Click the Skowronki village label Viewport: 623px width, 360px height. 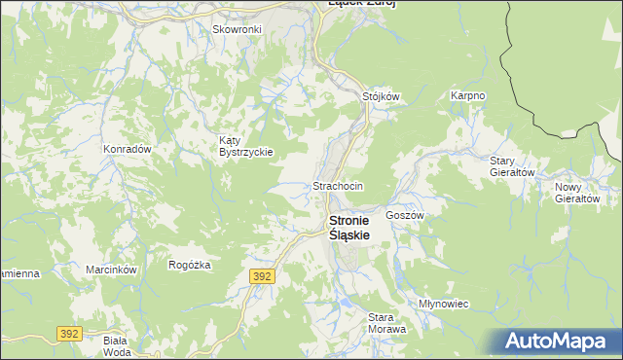coord(238,29)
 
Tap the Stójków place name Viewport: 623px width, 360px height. coord(381,96)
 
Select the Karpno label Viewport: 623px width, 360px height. coord(468,96)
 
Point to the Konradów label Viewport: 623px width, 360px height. coord(127,149)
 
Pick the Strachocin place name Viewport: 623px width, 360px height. coord(338,185)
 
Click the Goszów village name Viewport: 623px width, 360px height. coord(404,214)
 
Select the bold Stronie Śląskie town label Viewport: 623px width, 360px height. coord(356,228)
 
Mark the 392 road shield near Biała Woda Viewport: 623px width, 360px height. coord(68,333)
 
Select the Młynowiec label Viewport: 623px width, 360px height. coord(443,304)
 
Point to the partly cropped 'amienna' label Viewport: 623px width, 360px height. coord(18,273)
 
